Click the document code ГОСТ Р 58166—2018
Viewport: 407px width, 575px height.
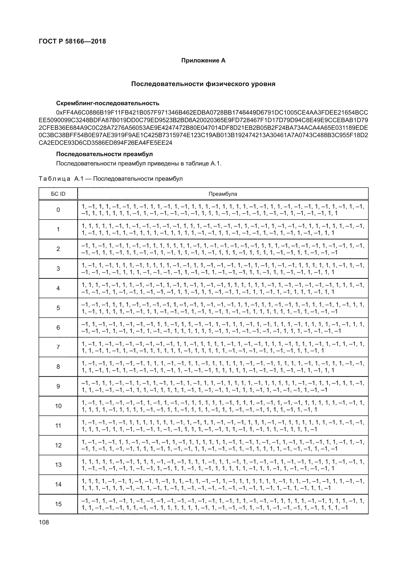(x=72, y=41)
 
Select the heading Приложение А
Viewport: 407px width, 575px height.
(x=203, y=61)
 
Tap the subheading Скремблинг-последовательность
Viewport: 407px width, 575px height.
(x=108, y=103)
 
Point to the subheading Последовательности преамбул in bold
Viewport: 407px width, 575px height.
(x=105, y=154)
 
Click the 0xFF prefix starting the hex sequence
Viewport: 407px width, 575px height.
(x=62, y=112)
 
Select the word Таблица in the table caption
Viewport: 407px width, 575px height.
(x=55, y=179)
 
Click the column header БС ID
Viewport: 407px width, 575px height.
(x=58, y=194)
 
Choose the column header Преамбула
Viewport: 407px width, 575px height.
(x=223, y=194)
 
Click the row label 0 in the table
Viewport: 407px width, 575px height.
(x=58, y=210)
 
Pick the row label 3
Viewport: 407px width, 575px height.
(x=58, y=269)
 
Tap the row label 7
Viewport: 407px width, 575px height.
(x=58, y=347)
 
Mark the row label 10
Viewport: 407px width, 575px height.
(x=58, y=406)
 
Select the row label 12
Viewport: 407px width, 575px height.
(x=58, y=445)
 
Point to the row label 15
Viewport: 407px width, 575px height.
(x=58, y=504)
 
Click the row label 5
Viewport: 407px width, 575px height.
(x=58, y=308)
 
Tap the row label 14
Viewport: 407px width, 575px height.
(x=58, y=484)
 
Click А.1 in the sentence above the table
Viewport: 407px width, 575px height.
(x=215, y=164)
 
